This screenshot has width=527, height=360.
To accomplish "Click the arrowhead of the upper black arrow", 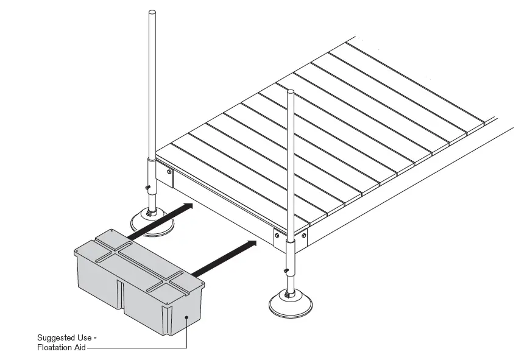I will coord(189,206).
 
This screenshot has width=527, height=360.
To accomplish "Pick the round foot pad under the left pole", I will coord(152,221).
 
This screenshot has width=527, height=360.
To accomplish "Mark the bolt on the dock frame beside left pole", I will coord(167,172).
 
